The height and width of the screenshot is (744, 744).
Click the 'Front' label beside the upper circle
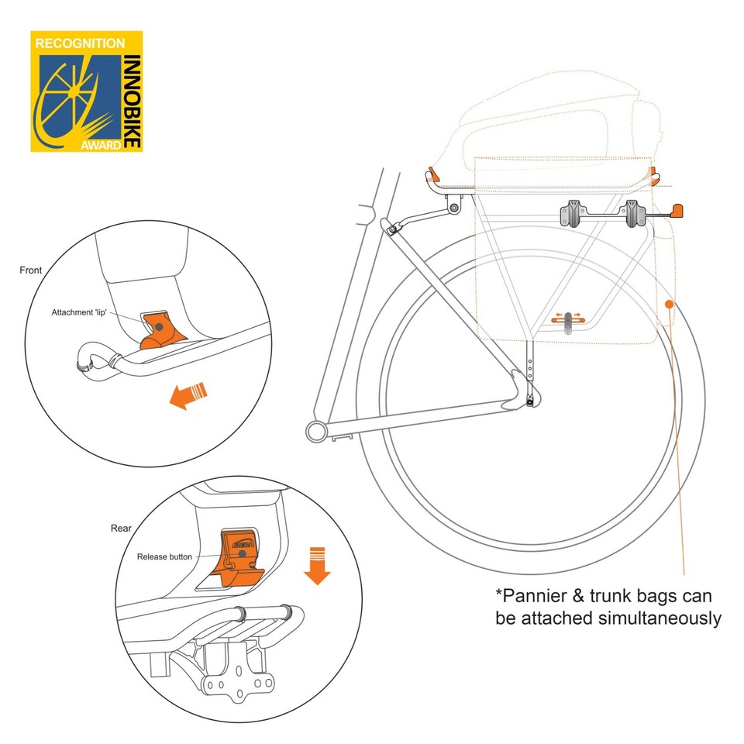click(31, 270)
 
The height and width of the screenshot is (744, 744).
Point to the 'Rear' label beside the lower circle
click(121, 529)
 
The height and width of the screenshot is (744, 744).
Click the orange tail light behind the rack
click(678, 209)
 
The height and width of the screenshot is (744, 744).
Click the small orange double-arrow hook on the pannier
click(570, 316)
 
